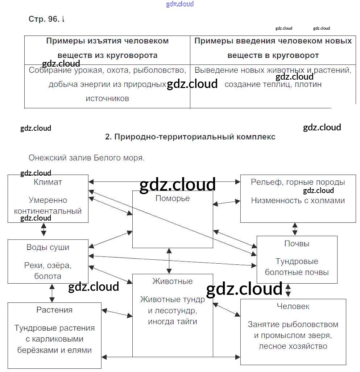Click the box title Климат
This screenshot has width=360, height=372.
(47, 182)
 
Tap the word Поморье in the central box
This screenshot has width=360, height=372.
(173, 198)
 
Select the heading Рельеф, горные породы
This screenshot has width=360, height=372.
(298, 182)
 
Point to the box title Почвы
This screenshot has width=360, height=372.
(297, 243)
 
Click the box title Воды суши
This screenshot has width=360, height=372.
(48, 247)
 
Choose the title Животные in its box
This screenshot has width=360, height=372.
(173, 281)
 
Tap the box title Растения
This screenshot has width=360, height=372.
(54, 310)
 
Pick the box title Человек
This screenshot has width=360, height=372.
(293, 306)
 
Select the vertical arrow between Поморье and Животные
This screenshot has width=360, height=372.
(169, 261)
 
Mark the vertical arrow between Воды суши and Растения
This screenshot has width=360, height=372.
(52, 293)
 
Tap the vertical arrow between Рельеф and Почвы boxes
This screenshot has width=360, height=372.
(295, 229)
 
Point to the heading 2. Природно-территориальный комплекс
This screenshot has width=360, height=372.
(190, 137)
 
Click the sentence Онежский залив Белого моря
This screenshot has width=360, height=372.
(86, 158)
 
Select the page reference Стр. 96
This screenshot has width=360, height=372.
(44, 19)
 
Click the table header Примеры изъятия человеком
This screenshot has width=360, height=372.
(107, 41)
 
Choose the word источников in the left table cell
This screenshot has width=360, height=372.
(107, 99)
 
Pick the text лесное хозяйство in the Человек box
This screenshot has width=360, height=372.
(293, 346)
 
